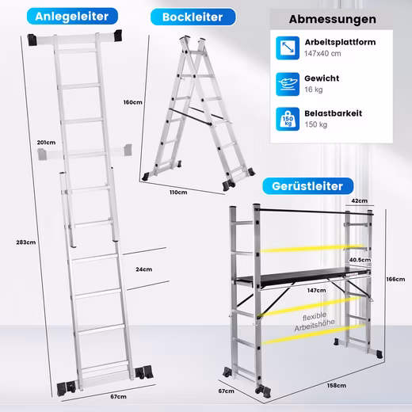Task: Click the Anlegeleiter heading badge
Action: (x=72, y=17)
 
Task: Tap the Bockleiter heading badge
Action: (x=193, y=17)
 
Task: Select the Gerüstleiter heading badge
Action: (x=307, y=186)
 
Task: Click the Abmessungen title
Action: (x=333, y=19)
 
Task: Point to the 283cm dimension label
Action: (x=26, y=242)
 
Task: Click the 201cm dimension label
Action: (x=46, y=143)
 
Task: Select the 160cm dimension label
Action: (x=133, y=102)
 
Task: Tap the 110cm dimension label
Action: (x=178, y=193)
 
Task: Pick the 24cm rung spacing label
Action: (x=144, y=269)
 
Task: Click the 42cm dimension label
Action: (x=360, y=200)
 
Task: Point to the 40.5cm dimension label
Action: (x=360, y=260)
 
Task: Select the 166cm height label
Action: (x=395, y=279)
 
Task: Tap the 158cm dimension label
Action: (x=337, y=386)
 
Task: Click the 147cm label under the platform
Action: (x=316, y=291)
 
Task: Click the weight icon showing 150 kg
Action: (x=288, y=119)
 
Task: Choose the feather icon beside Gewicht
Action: (x=288, y=84)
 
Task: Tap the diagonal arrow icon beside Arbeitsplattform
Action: (x=288, y=48)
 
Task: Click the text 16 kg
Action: (x=314, y=90)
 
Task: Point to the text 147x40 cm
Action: (x=322, y=54)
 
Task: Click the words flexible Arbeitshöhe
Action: (x=315, y=322)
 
